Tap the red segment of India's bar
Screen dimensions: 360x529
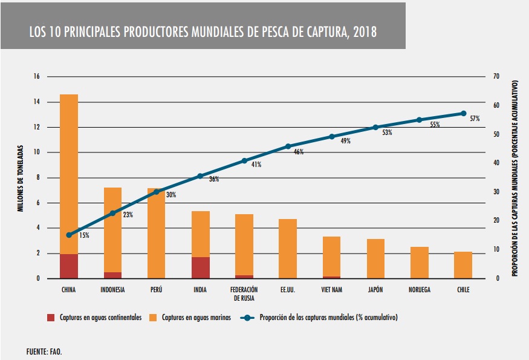pyautogui.click(x=200, y=267)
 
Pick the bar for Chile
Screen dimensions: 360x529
pyautogui.click(x=463, y=265)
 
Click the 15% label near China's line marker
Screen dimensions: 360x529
pyautogui.click(x=83, y=235)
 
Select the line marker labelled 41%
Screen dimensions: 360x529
pyautogui.click(x=244, y=161)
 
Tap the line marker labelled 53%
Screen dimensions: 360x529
pyautogui.click(x=375, y=127)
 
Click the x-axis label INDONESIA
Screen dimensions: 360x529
pyautogui.click(x=112, y=290)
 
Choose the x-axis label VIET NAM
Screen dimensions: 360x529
pyautogui.click(x=331, y=290)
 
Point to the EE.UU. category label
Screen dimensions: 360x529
pyautogui.click(x=288, y=290)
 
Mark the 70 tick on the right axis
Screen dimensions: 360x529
pyautogui.click(x=496, y=77)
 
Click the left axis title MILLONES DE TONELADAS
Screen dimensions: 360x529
pyautogui.click(x=20, y=177)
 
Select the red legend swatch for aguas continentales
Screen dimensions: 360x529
pyautogui.click(x=52, y=317)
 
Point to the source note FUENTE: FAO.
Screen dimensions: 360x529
pyautogui.click(x=44, y=351)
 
